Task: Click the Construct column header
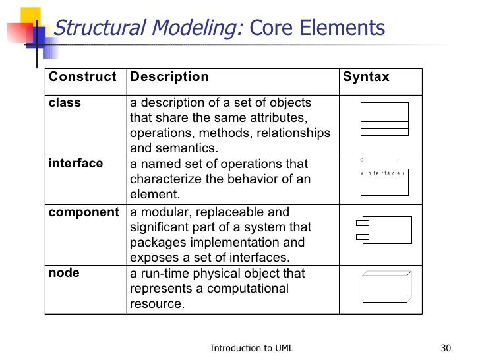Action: (x=82, y=77)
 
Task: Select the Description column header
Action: (x=169, y=77)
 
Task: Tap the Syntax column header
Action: (x=366, y=77)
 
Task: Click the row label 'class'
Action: (x=65, y=103)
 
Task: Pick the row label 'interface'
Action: (x=76, y=164)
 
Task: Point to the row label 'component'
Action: (x=84, y=212)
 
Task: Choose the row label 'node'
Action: (x=64, y=273)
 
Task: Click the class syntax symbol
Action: (x=384, y=119)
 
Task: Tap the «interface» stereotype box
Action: (x=384, y=182)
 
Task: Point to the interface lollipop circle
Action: (x=363, y=160)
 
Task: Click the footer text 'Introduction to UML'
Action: (x=252, y=348)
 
